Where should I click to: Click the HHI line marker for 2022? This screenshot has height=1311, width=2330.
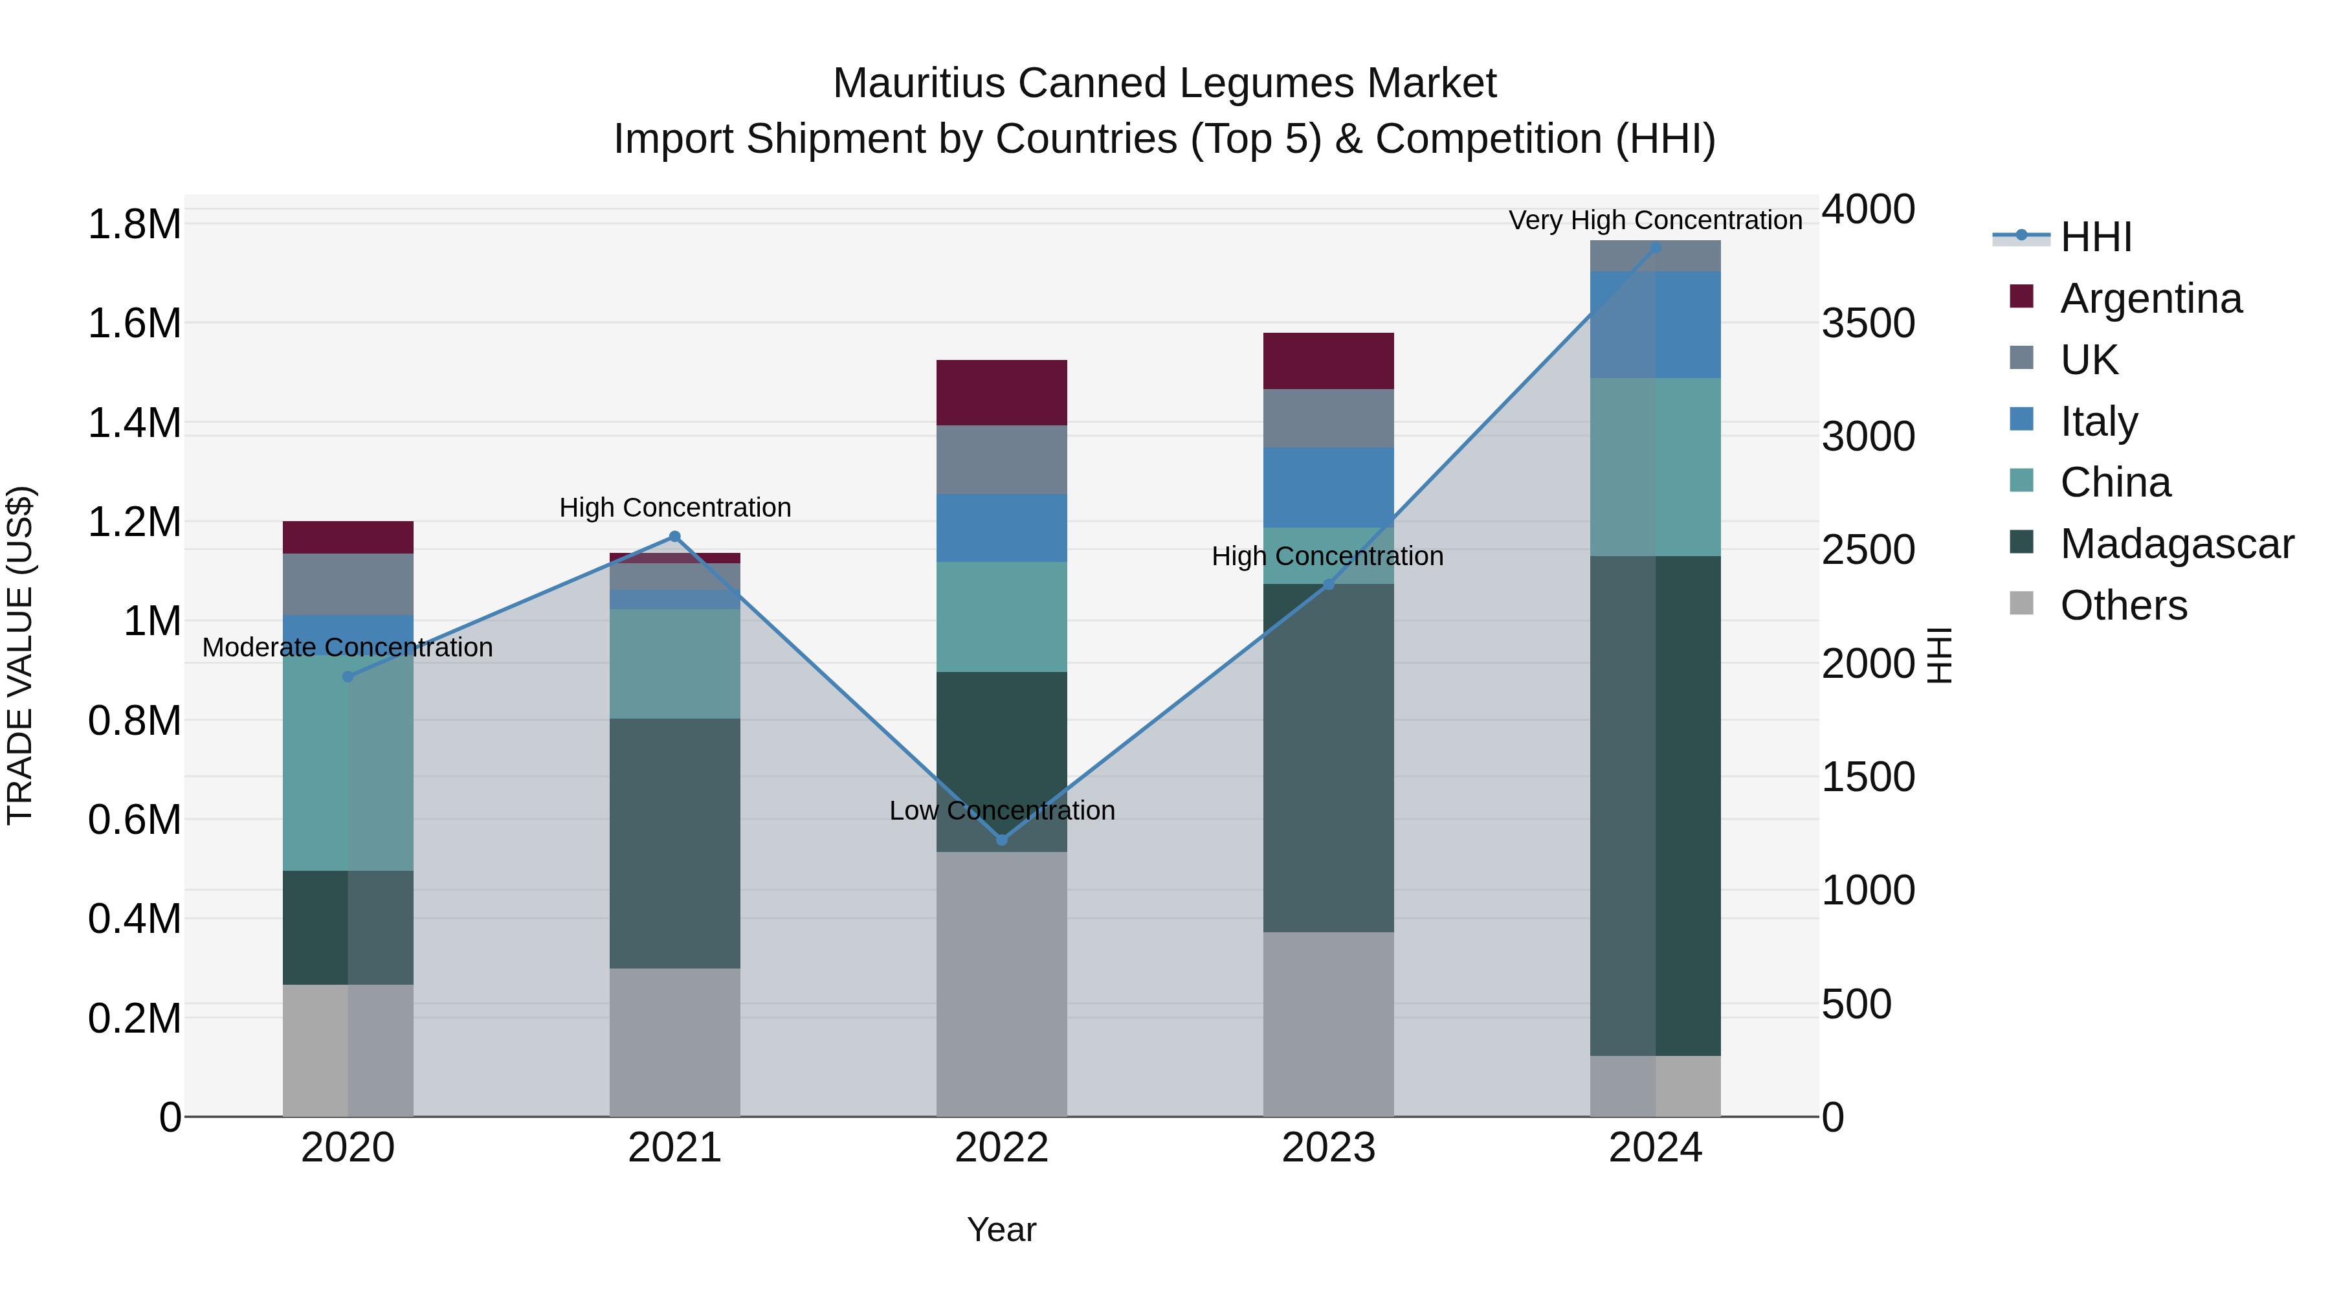[1001, 840]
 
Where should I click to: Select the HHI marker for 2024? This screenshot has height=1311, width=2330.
[1655, 247]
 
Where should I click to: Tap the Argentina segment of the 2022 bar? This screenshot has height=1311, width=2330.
[1001, 393]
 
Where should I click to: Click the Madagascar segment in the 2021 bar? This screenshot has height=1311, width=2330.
[675, 843]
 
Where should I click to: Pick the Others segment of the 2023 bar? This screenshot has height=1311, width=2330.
[1328, 1024]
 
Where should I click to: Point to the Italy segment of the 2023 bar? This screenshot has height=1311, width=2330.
[1328, 487]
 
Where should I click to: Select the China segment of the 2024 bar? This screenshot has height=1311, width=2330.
[1655, 467]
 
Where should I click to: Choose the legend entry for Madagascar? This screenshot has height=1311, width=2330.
[2176, 544]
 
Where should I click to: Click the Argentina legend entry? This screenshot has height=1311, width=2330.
[2150, 298]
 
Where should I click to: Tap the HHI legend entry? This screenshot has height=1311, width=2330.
[2095, 237]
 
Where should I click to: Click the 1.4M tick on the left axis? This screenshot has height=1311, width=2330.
[134, 423]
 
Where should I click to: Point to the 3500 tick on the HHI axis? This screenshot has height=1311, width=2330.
[1868, 323]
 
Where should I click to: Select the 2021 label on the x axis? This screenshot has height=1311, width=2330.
[675, 1148]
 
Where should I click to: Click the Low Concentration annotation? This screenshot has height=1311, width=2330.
[1001, 810]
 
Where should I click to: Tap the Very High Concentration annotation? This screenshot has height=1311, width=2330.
[1655, 220]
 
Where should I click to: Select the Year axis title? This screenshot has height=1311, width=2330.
[1001, 1229]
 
